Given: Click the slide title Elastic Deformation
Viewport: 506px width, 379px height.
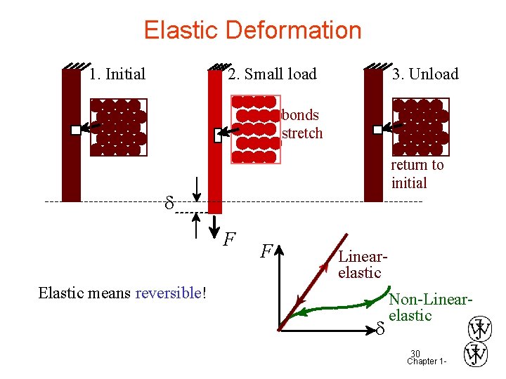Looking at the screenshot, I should pos(252,30).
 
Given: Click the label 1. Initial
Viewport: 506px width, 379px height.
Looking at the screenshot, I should pos(117,74).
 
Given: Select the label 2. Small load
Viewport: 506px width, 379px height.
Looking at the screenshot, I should pos(272,74).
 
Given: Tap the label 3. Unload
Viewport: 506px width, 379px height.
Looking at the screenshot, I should pos(425,74).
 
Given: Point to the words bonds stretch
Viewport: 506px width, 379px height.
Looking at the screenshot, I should pos(301,124).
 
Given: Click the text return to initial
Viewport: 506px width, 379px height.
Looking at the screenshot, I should pos(417,174).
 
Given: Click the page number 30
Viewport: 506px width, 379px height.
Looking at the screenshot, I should pos(415,353).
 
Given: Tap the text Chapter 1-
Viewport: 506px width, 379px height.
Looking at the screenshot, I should pos(427,361).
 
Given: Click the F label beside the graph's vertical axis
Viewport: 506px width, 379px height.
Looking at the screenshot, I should pos(266,251).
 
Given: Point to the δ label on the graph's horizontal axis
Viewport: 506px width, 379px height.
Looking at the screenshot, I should pos(379,328).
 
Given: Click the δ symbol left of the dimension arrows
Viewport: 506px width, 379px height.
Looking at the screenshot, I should pos(168,205).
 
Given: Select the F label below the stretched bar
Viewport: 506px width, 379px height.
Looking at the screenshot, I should pos(229,240).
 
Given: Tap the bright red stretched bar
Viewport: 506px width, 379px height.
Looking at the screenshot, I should pos(215,140).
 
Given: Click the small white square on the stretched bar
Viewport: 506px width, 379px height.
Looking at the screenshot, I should pos(218,135).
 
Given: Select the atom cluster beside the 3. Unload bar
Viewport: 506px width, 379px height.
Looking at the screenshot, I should pos(419,126).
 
